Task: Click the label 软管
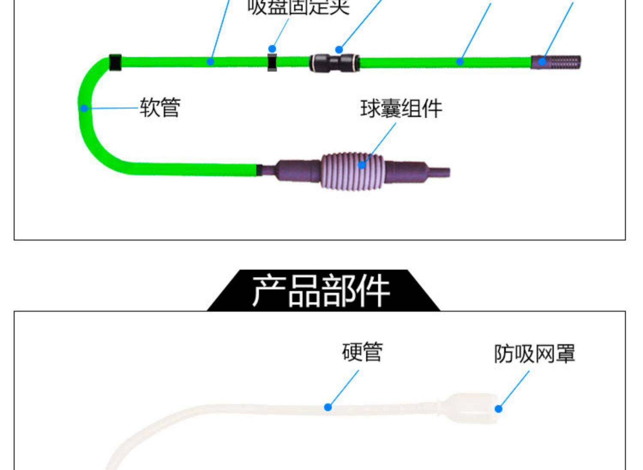160,107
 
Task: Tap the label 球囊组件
401,108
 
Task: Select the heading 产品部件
321,291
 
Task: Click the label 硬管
362,352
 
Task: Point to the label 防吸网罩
534,354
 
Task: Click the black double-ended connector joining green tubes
334,63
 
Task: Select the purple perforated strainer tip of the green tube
556,62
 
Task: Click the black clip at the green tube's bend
115,63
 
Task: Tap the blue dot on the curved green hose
84,108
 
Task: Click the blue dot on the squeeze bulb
362,165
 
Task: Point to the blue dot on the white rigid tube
328,407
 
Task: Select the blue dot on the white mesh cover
498,409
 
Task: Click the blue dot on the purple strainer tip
542,61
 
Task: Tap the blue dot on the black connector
339,50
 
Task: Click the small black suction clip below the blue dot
272,63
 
